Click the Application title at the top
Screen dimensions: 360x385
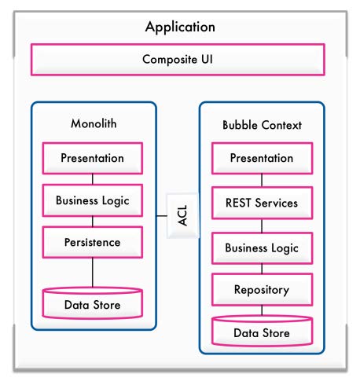pyautogui.click(x=180, y=27)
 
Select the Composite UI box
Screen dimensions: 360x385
pyautogui.click(x=178, y=60)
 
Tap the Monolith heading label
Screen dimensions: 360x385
pyautogui.click(x=94, y=123)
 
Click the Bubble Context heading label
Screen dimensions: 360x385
pyautogui.click(x=262, y=125)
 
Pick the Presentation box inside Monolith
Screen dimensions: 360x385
pyautogui.click(x=93, y=158)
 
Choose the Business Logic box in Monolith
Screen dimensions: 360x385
pyautogui.click(x=93, y=200)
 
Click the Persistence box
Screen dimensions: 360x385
pyautogui.click(x=93, y=242)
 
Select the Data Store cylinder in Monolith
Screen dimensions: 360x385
pyautogui.click(x=93, y=303)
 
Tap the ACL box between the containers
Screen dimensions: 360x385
pyautogui.click(x=182, y=215)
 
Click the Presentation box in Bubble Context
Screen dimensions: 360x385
pyautogui.click(x=262, y=158)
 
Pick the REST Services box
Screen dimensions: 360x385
pyautogui.click(x=262, y=203)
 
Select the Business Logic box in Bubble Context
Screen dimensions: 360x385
pyautogui.click(x=262, y=247)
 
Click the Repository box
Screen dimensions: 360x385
pyautogui.click(x=262, y=289)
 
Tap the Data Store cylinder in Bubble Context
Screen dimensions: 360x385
pyautogui.click(x=262, y=332)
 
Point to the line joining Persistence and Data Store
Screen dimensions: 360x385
pyautogui.click(x=93, y=273)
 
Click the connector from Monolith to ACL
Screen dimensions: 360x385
pyautogui.click(x=162, y=216)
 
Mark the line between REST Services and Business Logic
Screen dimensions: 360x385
pyautogui.click(x=262, y=225)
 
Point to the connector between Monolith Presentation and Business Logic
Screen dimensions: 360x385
pyautogui.click(x=93, y=179)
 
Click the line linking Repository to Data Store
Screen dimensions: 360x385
pyautogui.click(x=262, y=310)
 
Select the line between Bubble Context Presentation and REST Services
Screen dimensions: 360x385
pyautogui.click(x=262, y=181)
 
